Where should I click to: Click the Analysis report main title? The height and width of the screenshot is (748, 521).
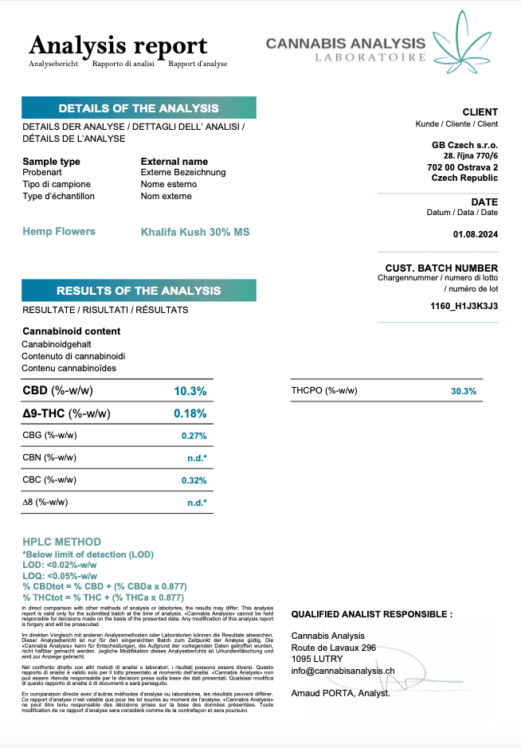pos(118,45)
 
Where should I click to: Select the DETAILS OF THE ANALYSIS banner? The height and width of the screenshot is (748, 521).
pos(139,108)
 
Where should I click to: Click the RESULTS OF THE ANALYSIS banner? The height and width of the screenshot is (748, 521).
pos(139,291)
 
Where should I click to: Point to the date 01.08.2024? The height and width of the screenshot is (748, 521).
pos(476,234)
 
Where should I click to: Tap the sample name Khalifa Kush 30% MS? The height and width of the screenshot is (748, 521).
pos(195,232)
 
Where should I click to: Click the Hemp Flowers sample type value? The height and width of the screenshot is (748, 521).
pos(59,232)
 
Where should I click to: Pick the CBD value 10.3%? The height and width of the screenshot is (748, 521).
pos(190,391)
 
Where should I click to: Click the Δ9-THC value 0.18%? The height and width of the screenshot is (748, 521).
pos(190,413)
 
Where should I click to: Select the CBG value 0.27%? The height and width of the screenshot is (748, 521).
pos(194,436)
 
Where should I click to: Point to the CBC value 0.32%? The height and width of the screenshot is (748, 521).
pos(194,480)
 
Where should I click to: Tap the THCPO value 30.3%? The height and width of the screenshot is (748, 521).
pos(463,391)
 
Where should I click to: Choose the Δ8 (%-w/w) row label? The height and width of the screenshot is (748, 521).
pos(45,502)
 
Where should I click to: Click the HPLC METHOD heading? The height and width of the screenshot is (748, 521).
pos(62,542)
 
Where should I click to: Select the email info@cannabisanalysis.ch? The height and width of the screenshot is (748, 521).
pos(343,671)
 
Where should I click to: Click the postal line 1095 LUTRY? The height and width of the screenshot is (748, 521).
pos(317,659)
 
